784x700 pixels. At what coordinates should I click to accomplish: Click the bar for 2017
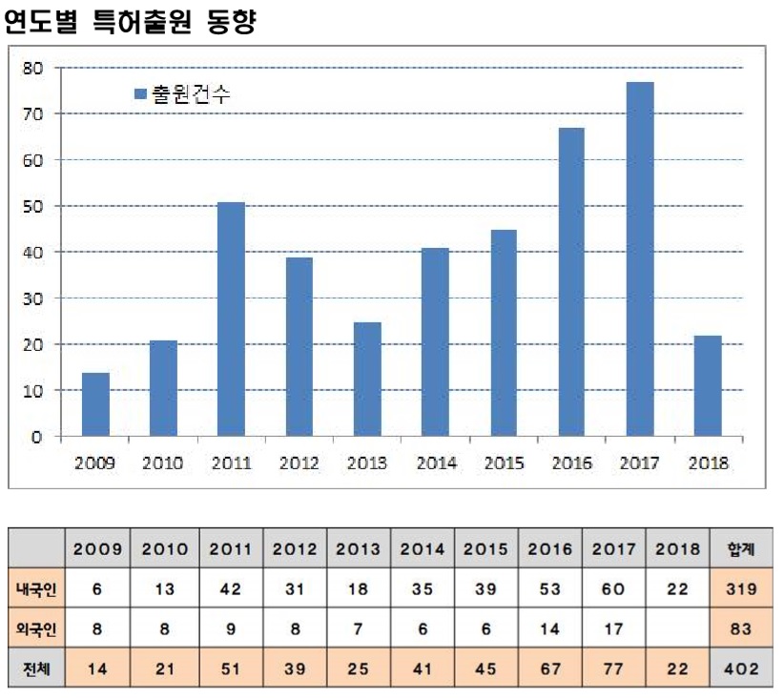tap(640, 259)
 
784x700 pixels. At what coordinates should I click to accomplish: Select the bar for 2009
tap(95, 404)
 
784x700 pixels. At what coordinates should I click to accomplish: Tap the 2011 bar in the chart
tap(231, 319)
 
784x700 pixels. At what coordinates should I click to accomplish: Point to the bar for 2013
tap(367, 380)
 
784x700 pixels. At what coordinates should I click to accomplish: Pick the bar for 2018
tap(708, 386)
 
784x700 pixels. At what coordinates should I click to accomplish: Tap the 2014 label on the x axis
tap(436, 463)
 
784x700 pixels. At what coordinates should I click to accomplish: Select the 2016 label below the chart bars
tap(572, 463)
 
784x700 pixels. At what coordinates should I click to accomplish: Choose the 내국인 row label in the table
tap(36, 589)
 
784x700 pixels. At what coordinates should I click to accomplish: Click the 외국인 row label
tap(36, 628)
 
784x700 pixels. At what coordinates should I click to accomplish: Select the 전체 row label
tap(36, 669)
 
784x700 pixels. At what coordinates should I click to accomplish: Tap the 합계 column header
tap(741, 549)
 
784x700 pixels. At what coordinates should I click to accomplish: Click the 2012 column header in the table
tap(295, 549)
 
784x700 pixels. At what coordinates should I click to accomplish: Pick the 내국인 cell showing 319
tap(741, 589)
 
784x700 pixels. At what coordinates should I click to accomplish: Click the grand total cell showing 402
tap(741, 669)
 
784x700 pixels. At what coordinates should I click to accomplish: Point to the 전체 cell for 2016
tap(550, 669)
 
